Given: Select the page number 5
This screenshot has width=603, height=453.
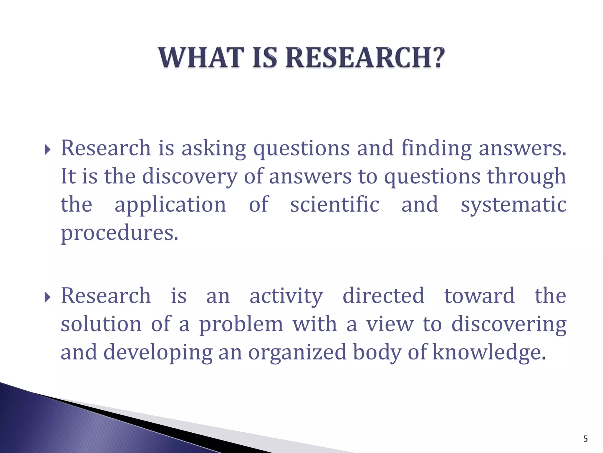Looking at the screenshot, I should coord(586,439).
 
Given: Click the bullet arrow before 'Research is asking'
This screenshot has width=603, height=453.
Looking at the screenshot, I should coord(47,150).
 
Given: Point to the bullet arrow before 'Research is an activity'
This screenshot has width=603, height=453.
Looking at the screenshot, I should coord(47,298).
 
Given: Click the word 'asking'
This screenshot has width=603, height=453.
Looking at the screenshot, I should coord(213,148).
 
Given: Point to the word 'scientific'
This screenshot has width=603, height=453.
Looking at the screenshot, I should coord(335,204).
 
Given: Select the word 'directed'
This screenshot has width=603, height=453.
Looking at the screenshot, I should coord(383,296).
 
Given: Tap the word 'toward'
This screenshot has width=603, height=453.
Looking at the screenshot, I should coord(479,296).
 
